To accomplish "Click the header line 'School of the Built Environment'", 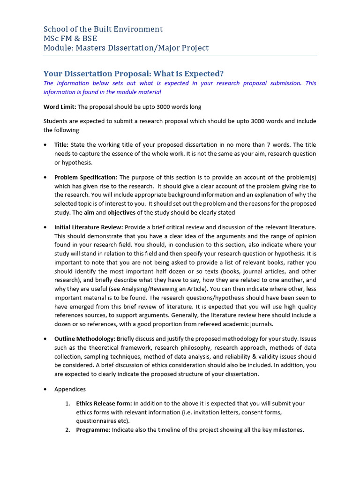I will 103,29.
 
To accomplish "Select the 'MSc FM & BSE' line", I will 71,38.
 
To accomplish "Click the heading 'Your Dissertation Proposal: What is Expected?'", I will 134,74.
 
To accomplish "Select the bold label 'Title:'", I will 61,145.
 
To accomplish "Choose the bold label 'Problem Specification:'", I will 86,177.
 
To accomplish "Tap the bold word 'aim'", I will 89,212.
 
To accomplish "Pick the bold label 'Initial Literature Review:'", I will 89,227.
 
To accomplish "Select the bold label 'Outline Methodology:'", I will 84,338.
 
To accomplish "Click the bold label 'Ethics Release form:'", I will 104,403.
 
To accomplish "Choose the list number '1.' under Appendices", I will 67,403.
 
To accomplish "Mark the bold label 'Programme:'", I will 93,430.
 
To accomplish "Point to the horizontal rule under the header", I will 180,55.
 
